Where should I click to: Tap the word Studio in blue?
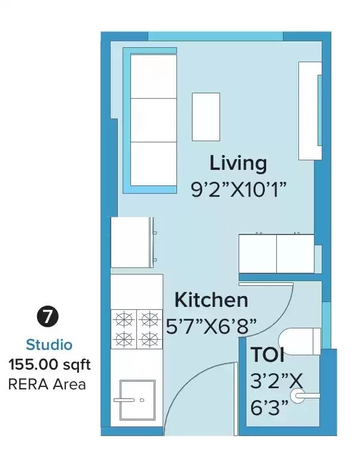[49, 345]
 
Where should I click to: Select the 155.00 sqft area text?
[49, 364]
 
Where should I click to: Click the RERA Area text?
[47, 384]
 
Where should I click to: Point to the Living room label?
[237, 163]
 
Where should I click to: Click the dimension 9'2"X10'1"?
[239, 190]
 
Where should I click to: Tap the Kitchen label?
[210, 299]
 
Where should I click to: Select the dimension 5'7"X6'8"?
[211, 326]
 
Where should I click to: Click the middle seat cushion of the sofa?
[153, 120]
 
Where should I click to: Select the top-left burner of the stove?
[123, 318]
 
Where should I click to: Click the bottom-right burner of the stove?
[149, 339]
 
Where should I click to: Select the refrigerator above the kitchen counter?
[133, 242]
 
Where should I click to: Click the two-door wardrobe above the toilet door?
[276, 254]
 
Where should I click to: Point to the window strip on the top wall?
[215, 36]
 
